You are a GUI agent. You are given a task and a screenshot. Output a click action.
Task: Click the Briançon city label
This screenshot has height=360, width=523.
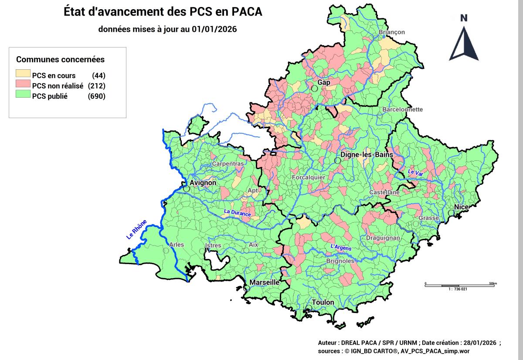click(x=391, y=32)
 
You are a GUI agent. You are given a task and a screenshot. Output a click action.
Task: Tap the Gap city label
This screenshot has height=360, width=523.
click(x=324, y=82)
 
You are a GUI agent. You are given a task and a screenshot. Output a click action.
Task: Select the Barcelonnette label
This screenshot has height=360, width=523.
click(x=402, y=109)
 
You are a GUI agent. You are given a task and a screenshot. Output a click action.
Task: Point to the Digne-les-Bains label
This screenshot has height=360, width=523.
click(x=367, y=155)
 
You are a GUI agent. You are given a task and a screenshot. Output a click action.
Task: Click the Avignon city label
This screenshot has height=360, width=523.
click(x=203, y=183)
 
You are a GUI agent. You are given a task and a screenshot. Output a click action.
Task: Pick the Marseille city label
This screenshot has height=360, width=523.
click(x=264, y=282)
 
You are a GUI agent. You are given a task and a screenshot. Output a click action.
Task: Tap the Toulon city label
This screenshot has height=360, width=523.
click(x=323, y=302)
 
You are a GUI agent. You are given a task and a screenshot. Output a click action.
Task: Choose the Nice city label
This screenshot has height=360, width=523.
click(x=461, y=207)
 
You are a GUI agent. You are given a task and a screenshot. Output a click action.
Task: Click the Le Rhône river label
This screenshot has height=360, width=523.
click(x=136, y=229)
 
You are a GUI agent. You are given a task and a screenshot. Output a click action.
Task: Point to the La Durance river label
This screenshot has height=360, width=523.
click(x=237, y=213)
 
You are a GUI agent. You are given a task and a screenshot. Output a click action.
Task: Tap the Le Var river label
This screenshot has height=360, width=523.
click(x=415, y=173)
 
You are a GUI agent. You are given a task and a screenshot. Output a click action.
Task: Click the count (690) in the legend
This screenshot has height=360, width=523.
click(x=96, y=96)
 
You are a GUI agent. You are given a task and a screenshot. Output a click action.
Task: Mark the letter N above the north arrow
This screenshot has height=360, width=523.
click(x=464, y=18)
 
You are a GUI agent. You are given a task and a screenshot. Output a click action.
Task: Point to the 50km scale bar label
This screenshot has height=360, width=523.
click(x=492, y=283)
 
